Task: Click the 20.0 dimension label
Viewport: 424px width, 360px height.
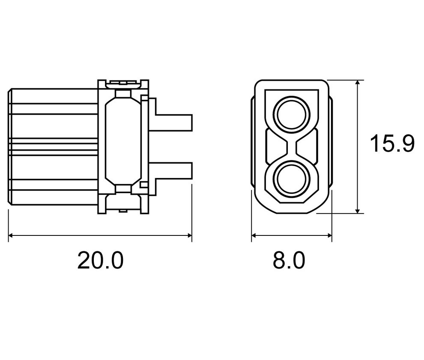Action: coord(100,260)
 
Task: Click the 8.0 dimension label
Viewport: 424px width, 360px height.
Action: coord(289,260)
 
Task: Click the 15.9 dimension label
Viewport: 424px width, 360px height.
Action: coord(392,143)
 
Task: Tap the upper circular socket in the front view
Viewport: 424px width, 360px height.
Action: coord(291,114)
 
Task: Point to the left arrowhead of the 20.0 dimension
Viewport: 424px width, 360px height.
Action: coord(11,235)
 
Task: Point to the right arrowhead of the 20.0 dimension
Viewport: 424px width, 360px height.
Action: coord(189,235)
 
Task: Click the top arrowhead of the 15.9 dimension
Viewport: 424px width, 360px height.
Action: coord(358,83)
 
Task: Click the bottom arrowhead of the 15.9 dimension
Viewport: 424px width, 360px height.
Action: coord(358,210)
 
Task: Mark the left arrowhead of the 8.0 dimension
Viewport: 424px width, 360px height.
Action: coord(254,235)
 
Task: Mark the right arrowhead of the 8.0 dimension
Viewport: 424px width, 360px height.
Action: coord(329,235)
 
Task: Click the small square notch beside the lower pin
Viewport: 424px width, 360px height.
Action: coord(144,185)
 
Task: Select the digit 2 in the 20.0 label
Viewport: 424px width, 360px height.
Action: coord(85,260)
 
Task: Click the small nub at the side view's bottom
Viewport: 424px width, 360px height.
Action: coord(123,211)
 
